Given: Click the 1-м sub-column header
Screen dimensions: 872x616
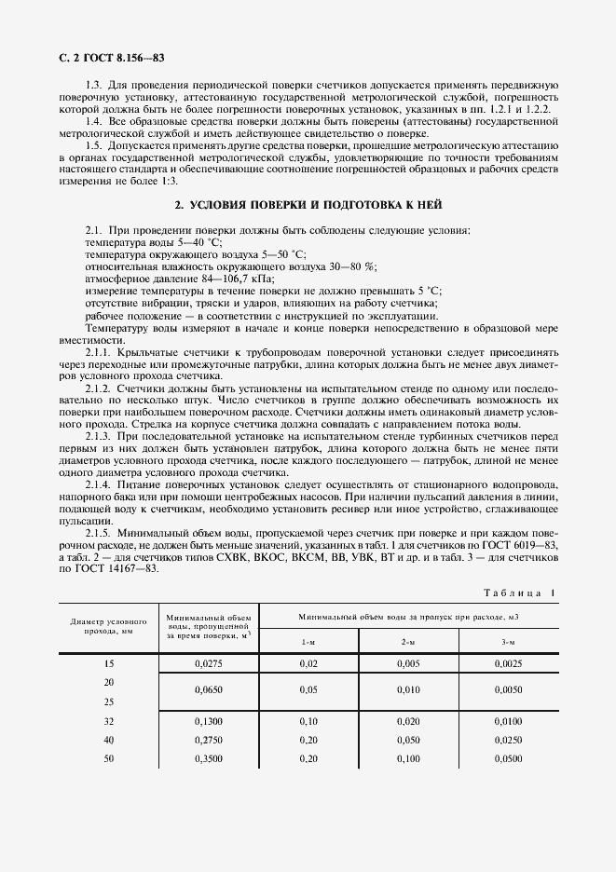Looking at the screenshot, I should [308, 643].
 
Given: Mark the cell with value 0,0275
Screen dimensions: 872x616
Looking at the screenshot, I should [210, 664].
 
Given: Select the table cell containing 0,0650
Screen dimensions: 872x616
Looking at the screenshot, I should [210, 692].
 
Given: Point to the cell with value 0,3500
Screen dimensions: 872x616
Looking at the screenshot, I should [210, 758].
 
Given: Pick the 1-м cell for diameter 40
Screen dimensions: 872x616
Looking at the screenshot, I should [308, 740].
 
